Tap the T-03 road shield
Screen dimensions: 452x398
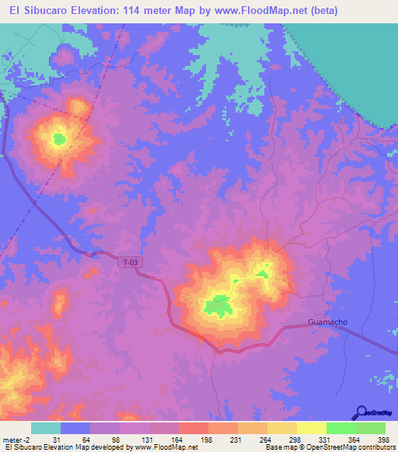click(131, 263)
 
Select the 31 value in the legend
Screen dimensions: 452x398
click(57, 440)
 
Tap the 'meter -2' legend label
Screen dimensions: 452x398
click(15, 440)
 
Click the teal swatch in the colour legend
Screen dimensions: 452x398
click(46, 428)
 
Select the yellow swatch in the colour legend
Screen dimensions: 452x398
click(312, 428)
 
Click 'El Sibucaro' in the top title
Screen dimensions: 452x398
click(33, 11)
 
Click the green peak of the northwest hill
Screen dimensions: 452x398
click(58, 139)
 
